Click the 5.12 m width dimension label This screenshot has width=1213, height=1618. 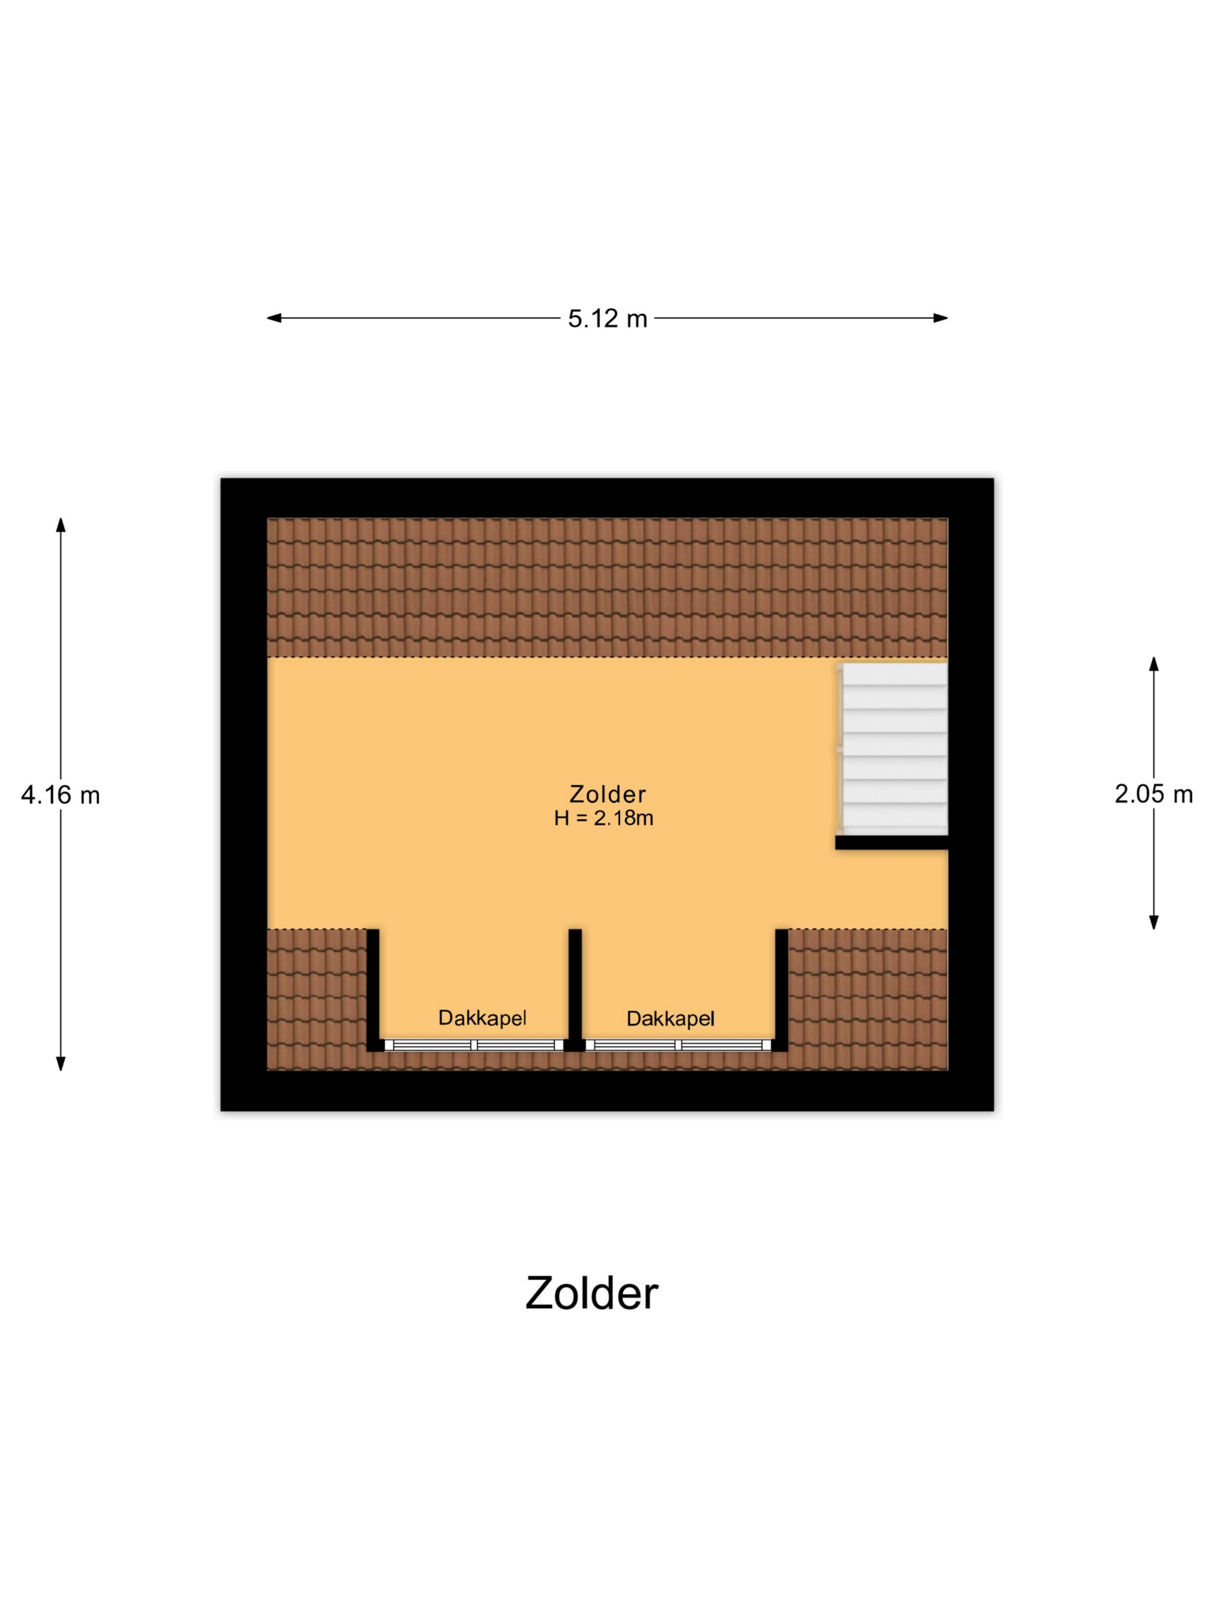pyautogui.click(x=607, y=319)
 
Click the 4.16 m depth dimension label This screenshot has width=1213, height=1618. pyautogui.click(x=60, y=795)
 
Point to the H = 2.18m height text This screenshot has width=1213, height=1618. pyautogui.click(x=603, y=818)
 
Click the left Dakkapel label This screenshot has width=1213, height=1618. pyautogui.click(x=482, y=1018)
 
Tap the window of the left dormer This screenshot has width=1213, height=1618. pyautogui.click(x=473, y=1045)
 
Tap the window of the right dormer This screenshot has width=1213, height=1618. pyautogui.click(x=679, y=1045)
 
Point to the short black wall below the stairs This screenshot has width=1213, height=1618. pyautogui.click(x=891, y=843)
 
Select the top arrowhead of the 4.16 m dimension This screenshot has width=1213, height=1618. pyautogui.click(x=61, y=525)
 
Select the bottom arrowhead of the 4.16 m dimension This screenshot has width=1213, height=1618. pyautogui.click(x=61, y=1063)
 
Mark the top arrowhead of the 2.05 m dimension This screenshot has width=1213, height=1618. pyautogui.click(x=1154, y=664)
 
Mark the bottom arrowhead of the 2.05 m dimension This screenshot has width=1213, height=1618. pyautogui.click(x=1154, y=922)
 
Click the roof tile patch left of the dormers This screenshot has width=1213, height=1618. pyautogui.click(x=317, y=999)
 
